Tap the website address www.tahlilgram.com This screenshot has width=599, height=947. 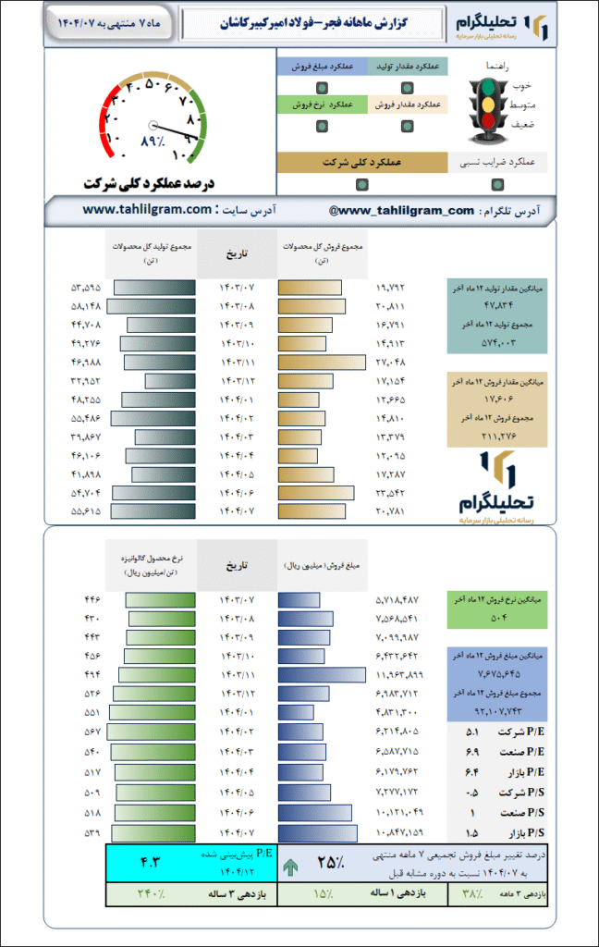147,210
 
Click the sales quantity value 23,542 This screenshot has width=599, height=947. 390,492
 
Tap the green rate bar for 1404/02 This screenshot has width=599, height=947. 151,732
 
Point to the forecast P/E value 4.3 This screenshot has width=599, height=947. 150,863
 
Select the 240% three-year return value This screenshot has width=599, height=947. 151,894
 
